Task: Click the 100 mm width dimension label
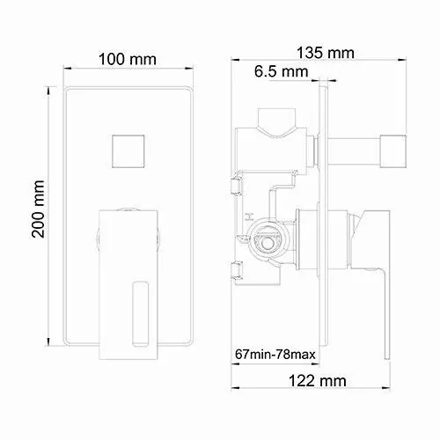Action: tap(128, 59)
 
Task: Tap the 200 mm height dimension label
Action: tap(39, 209)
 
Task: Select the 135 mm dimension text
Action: tap(326, 53)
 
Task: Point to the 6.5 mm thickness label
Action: tap(281, 71)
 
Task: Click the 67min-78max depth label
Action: tap(275, 355)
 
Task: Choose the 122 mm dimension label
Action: tap(318, 381)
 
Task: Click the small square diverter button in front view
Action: tap(128, 151)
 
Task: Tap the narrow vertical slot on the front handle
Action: tap(139, 314)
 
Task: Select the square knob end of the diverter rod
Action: tap(393, 151)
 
